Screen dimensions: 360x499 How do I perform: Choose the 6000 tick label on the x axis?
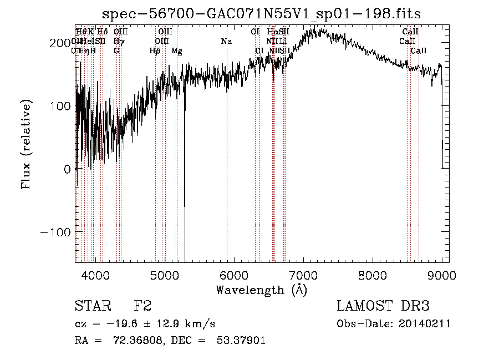point(234,275)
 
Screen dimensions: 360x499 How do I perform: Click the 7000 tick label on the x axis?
point(303,275)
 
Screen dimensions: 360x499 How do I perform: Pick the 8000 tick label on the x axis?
point(373,275)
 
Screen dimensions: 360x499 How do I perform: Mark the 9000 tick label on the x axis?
point(442,275)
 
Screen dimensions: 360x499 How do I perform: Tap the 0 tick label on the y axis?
point(67,169)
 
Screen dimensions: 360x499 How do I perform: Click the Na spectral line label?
point(226,42)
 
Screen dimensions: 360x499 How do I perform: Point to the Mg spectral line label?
point(176,51)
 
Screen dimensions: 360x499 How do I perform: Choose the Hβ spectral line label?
point(155,51)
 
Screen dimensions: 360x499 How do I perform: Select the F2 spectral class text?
point(142,306)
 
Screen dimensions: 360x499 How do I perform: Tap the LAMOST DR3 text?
point(383,306)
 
